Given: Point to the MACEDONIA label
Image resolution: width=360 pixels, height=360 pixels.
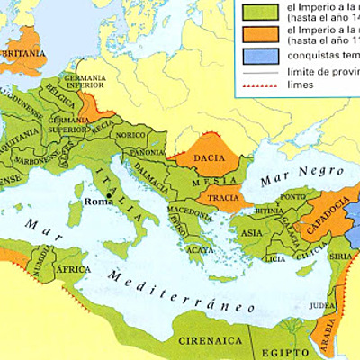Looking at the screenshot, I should click(186, 211).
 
